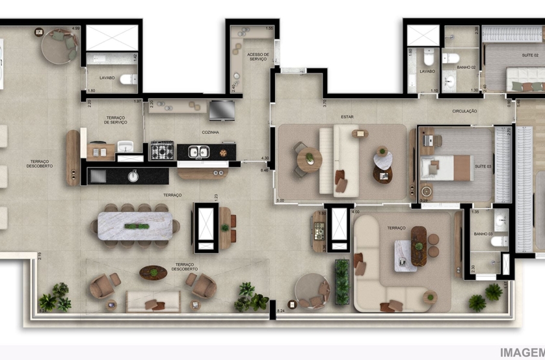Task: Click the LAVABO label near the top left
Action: pyautogui.click(x=108, y=78)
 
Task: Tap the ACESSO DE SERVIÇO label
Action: pyautogui.click(x=257, y=57)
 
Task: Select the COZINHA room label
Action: pyautogui.click(x=209, y=133)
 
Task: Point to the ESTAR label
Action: pyautogui.click(x=347, y=118)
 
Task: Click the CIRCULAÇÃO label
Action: pyautogui.click(x=464, y=112)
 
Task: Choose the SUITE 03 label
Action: pyautogui.click(x=482, y=167)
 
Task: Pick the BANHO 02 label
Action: pyautogui.click(x=466, y=68)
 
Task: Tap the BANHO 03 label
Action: pyautogui.click(x=482, y=234)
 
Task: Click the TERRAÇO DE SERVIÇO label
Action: pyautogui.click(x=115, y=120)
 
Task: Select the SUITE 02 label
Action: pyautogui.click(x=531, y=56)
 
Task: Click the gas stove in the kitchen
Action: pyautogui.click(x=161, y=151)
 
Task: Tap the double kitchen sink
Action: pyautogui.click(x=198, y=152)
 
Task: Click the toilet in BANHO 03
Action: pyautogui.click(x=499, y=241)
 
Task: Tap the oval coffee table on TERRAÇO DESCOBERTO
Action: pyautogui.click(x=153, y=272)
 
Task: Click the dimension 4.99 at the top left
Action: pyautogui.click(x=75, y=29)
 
